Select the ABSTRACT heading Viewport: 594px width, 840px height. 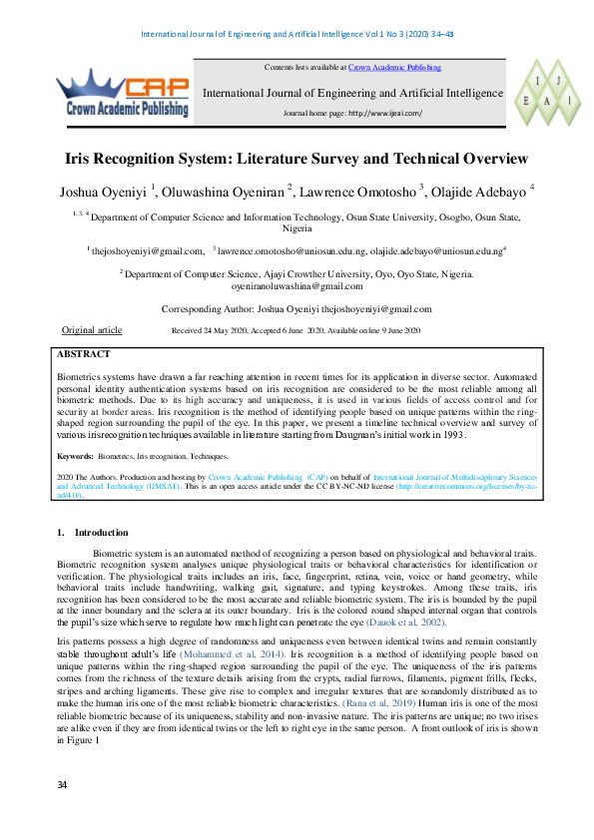(83, 354)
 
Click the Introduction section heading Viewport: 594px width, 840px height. (102, 533)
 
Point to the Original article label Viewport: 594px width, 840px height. (92, 330)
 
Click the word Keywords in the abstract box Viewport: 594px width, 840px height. (74, 455)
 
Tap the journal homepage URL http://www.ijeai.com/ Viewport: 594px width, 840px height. (384, 114)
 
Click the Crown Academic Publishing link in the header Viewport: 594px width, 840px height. (394, 68)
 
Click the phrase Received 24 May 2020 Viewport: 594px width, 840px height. (215, 330)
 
